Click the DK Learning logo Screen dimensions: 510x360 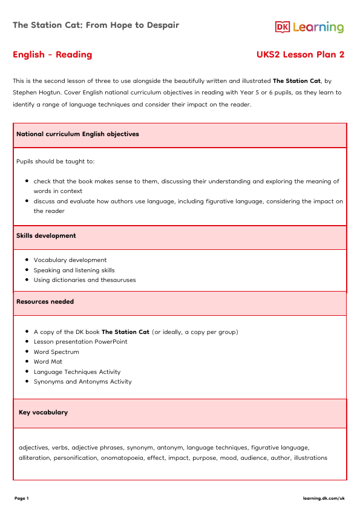(309, 27)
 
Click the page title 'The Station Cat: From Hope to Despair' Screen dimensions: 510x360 (96, 25)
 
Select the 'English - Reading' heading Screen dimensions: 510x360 (53, 55)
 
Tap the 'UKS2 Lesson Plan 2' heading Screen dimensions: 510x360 (301, 55)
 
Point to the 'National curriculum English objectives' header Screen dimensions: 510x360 (77, 134)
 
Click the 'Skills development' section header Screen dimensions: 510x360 (46, 236)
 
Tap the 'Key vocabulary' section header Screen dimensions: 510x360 (44, 413)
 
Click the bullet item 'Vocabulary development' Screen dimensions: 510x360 (70, 260)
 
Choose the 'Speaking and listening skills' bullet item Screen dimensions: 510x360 (74, 270)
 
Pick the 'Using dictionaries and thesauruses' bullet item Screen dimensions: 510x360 (85, 280)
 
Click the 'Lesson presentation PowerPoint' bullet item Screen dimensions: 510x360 (80, 342)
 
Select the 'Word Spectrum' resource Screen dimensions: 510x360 (56, 352)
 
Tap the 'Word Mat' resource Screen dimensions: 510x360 (48, 362)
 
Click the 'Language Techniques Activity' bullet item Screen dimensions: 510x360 (77, 372)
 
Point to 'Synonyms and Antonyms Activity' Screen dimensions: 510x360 (82, 382)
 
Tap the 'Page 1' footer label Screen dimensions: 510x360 (22, 499)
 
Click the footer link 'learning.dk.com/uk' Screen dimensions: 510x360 (324, 499)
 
